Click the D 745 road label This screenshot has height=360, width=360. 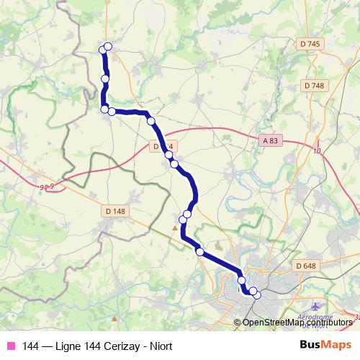tap(311, 44)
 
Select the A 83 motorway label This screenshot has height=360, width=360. tap(270, 141)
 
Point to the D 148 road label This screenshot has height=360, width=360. tap(114, 211)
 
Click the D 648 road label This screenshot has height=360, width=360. tap(305, 266)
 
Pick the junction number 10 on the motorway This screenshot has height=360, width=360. tap(317, 150)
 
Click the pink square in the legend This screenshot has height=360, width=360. tap(9, 346)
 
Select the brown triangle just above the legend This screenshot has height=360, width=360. tap(114, 316)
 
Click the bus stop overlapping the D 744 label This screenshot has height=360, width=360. tap(168, 153)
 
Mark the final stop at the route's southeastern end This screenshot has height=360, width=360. tap(257, 295)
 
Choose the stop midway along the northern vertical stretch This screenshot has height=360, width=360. tap(105, 78)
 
